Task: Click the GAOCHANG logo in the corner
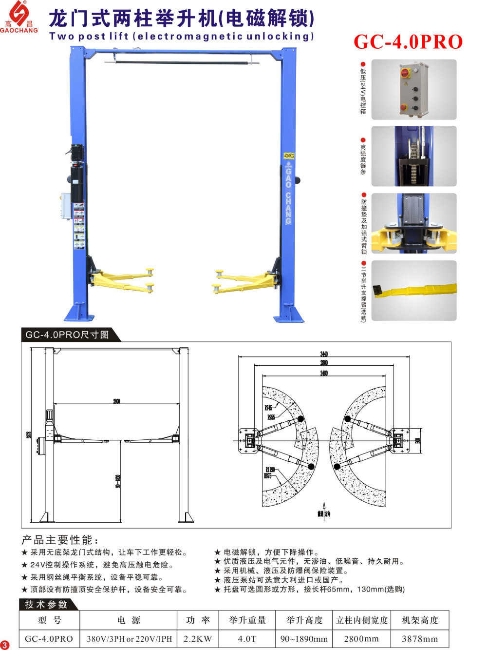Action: (x=19, y=18)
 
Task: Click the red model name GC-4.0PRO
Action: (x=408, y=42)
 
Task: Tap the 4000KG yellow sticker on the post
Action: (x=289, y=156)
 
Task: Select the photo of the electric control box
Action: (x=413, y=90)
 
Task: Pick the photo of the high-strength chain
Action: (x=413, y=156)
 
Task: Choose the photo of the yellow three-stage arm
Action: (x=413, y=291)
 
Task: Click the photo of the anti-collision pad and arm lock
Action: (x=413, y=223)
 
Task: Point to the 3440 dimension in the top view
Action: (x=324, y=354)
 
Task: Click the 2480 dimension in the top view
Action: (x=324, y=373)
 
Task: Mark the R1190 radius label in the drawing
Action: (x=270, y=470)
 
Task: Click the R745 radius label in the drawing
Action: (x=268, y=408)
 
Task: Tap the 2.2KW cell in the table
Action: (x=198, y=639)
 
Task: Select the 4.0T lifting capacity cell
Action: (x=247, y=639)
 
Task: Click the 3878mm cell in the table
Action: (x=419, y=639)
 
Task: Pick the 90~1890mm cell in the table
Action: (x=304, y=639)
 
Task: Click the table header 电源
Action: (x=129, y=620)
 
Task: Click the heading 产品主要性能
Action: (x=60, y=540)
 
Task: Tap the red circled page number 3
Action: (x=5, y=645)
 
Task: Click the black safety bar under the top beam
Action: (x=178, y=62)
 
